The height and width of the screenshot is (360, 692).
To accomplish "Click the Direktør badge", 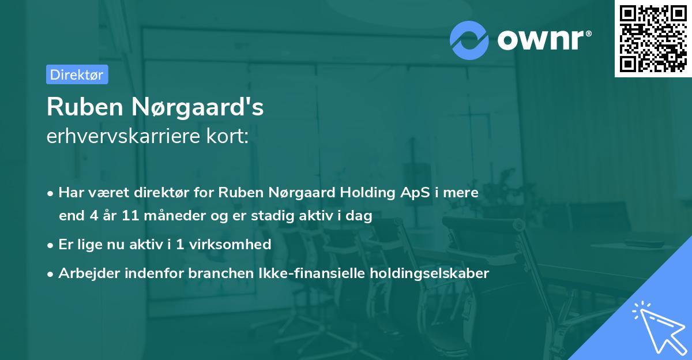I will (77, 74).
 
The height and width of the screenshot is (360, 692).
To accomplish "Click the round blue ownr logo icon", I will (469, 40).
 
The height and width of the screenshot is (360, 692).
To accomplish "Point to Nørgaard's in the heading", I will (198, 107).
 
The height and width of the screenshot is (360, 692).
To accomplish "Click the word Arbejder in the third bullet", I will (84, 273).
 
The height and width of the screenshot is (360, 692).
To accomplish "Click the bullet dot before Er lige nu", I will (51, 245).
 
